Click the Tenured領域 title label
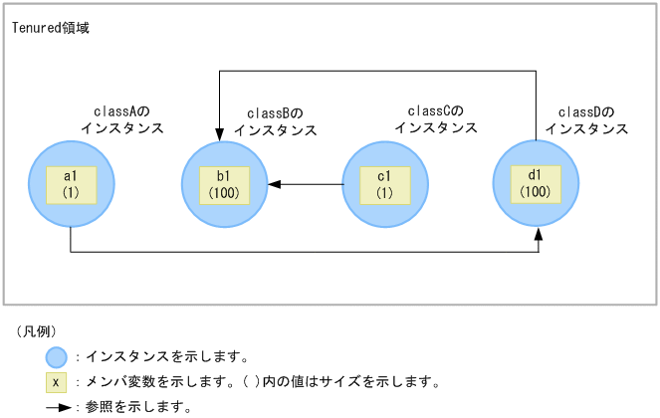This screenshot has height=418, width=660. pos(50,28)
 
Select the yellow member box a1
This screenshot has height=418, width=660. pos(71,184)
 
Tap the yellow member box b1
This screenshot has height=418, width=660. pos(224,184)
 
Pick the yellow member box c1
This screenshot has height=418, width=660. pos(384,184)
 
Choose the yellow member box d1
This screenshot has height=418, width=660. pos(536,184)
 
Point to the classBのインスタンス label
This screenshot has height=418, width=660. pos(275,121)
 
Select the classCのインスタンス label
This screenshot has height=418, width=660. pos(435,119)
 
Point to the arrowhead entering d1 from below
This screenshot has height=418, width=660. pos(539,233)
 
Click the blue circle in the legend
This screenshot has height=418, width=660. pos(57,356)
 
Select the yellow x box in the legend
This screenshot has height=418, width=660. pos(57,381)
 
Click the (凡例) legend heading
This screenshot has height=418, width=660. pos(37,331)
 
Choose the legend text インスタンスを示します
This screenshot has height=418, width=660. pos(166,356)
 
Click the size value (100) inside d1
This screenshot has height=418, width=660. pos(536,191)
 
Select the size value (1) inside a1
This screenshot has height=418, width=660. pos(71,192)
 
